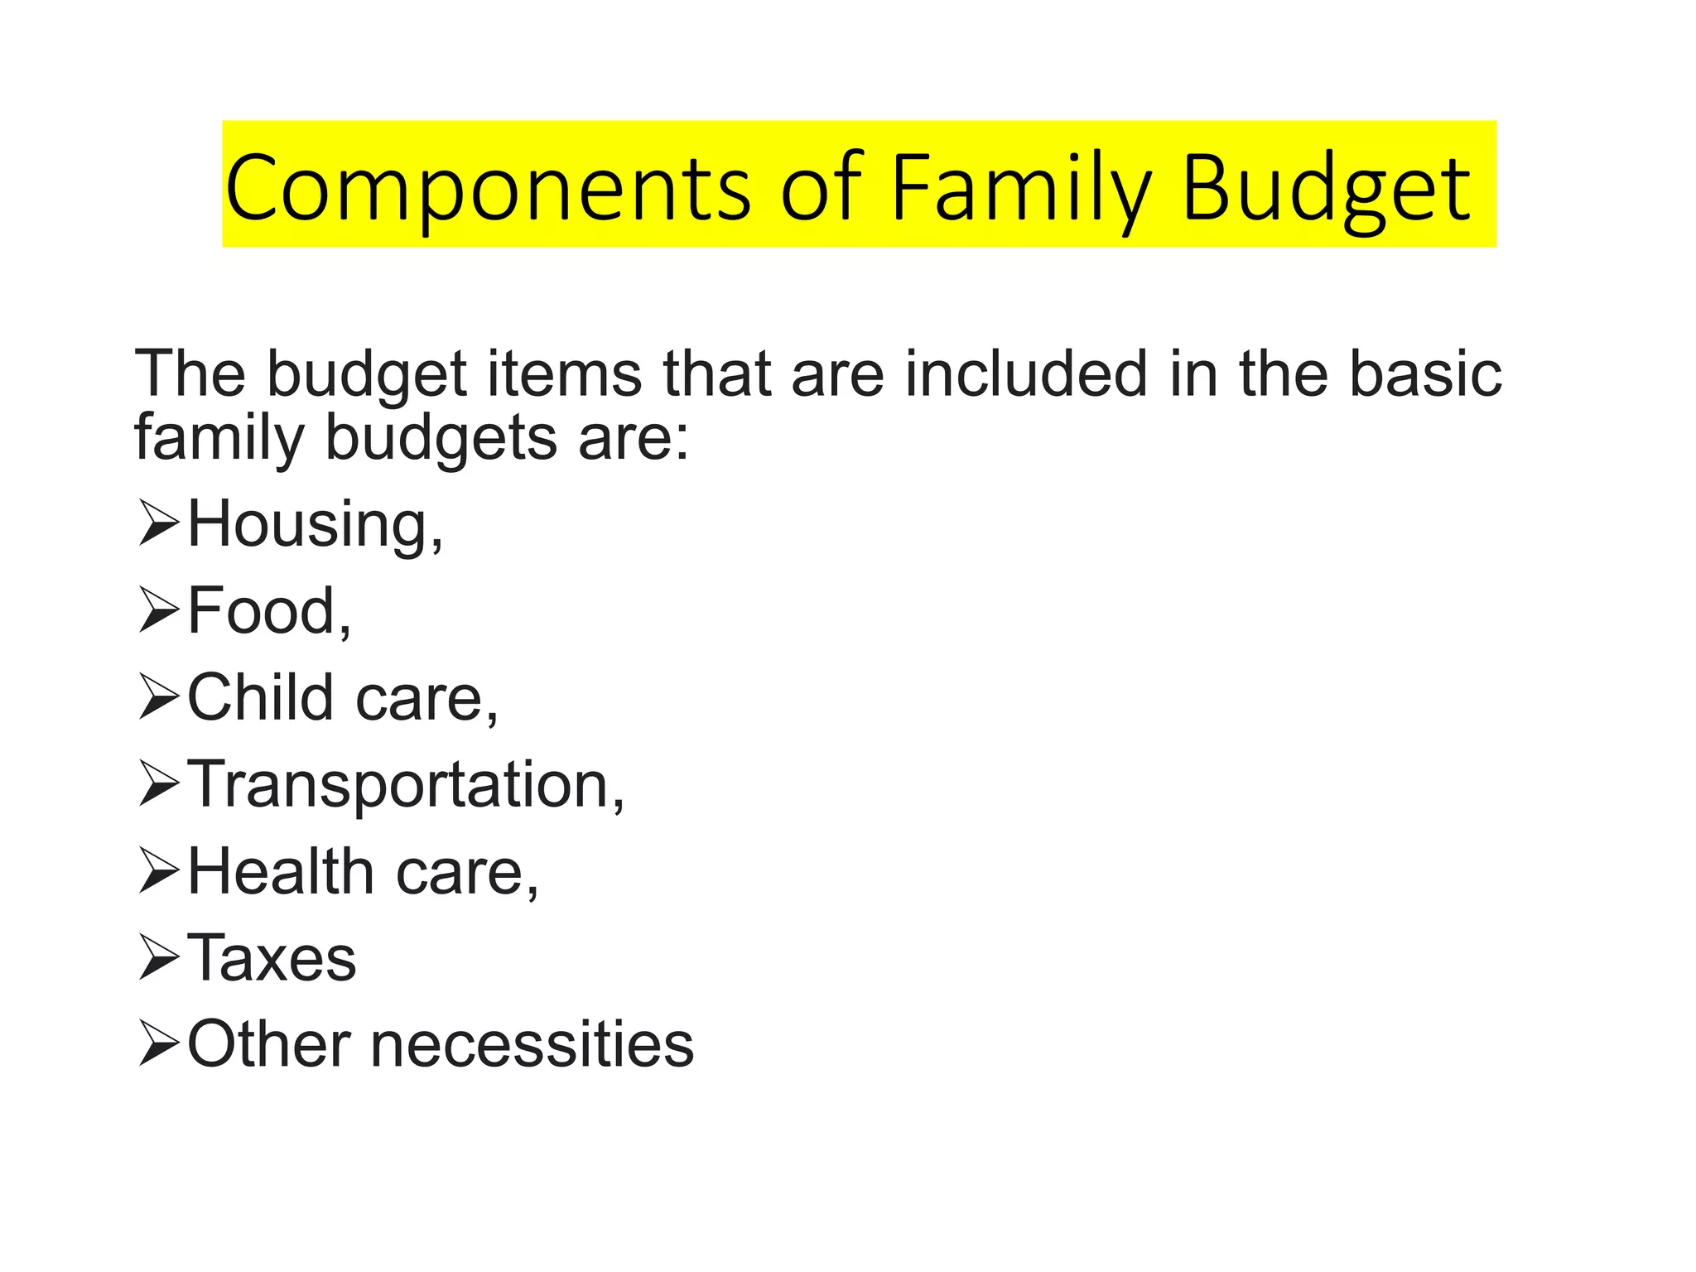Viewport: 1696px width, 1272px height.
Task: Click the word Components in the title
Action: (487, 188)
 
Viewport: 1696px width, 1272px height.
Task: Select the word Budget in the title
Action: (1326, 188)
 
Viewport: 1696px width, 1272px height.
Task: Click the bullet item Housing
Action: (315, 524)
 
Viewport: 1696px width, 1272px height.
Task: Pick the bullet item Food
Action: (269, 611)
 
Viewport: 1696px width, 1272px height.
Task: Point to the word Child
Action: (260, 697)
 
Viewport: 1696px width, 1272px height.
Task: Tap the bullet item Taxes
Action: (272, 958)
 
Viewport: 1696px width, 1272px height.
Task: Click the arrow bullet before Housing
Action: (158, 525)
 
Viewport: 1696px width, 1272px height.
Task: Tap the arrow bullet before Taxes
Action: (158, 959)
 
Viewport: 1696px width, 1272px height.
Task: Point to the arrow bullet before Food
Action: (158, 612)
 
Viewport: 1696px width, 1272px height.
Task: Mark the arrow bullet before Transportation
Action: (158, 785)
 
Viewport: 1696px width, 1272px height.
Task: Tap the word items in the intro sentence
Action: (564, 373)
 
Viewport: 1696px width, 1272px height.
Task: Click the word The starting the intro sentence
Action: (190, 373)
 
